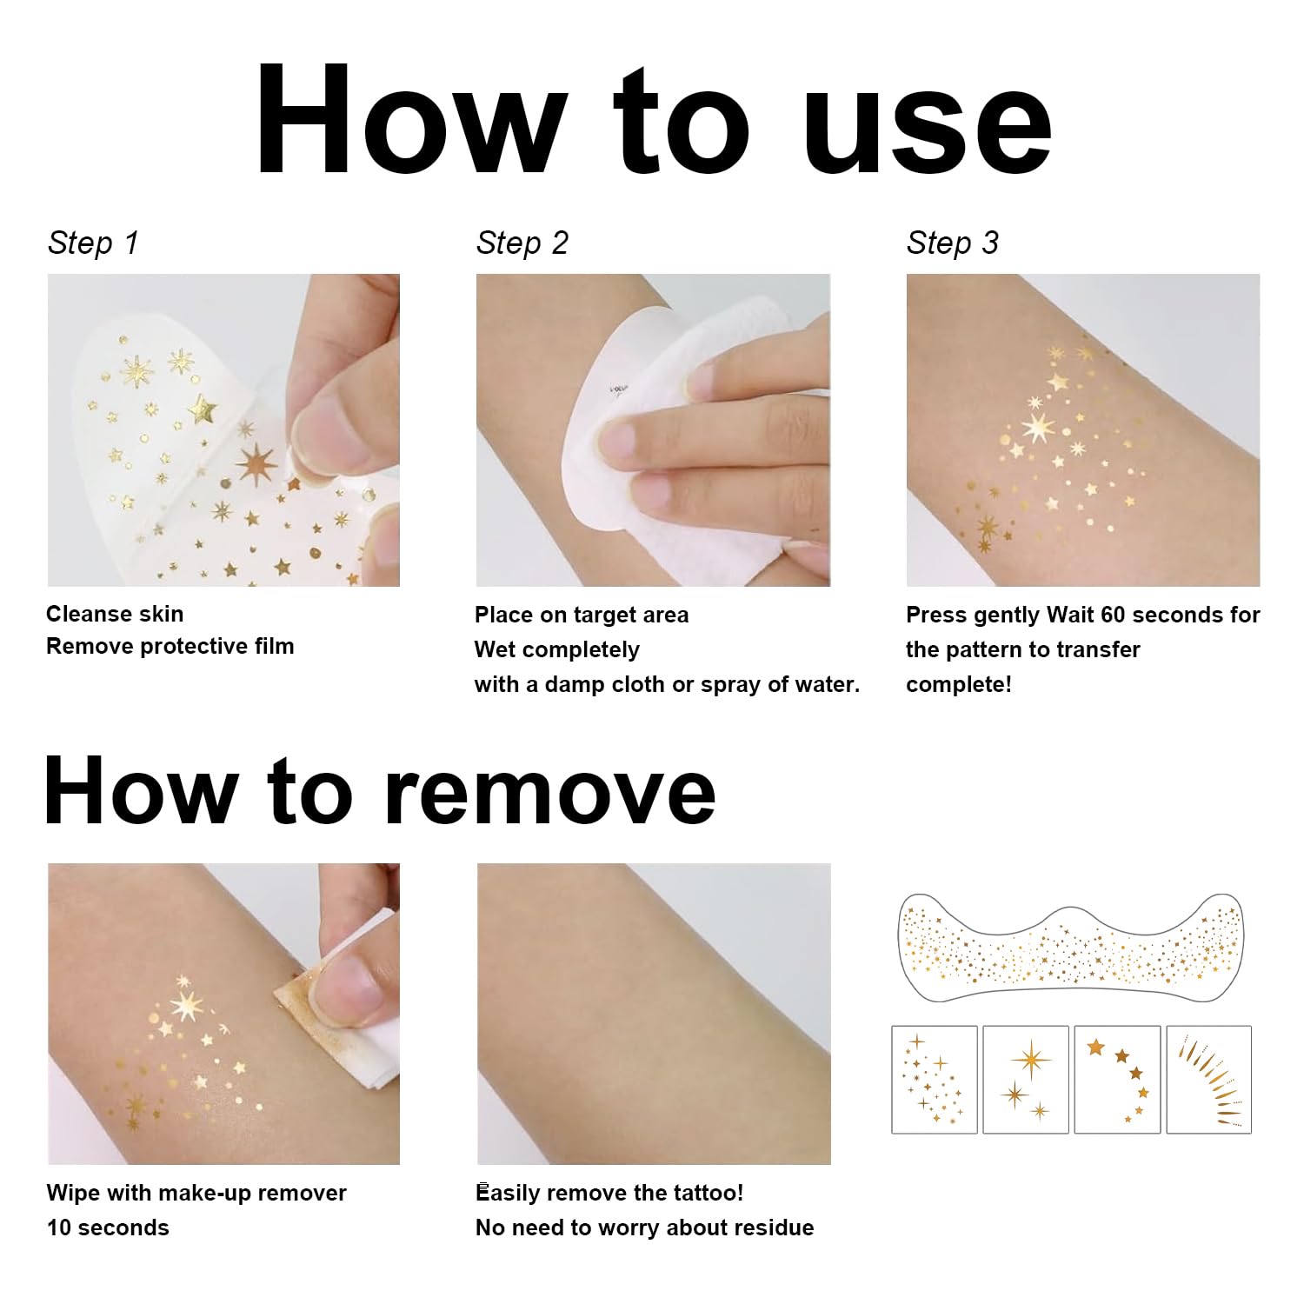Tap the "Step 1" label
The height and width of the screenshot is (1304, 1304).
coord(93,243)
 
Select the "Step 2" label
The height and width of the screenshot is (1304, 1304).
coord(522,243)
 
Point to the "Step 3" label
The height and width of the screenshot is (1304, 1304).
coord(952,243)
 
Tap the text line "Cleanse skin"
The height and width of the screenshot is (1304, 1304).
coord(115,614)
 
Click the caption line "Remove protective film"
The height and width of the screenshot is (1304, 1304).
coord(170,646)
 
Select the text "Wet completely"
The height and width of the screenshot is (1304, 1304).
coord(556,649)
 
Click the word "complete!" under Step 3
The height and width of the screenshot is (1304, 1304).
coord(959,684)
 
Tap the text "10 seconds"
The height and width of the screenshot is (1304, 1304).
coord(108,1227)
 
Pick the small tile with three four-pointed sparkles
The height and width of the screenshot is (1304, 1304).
coord(1026,1080)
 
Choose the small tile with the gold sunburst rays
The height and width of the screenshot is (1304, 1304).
coord(1209,1080)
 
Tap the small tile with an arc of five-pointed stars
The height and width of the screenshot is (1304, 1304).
coord(1118,1080)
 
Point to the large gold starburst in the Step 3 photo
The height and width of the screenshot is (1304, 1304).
coord(1038,426)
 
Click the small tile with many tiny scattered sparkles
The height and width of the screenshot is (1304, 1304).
coord(935,1080)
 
